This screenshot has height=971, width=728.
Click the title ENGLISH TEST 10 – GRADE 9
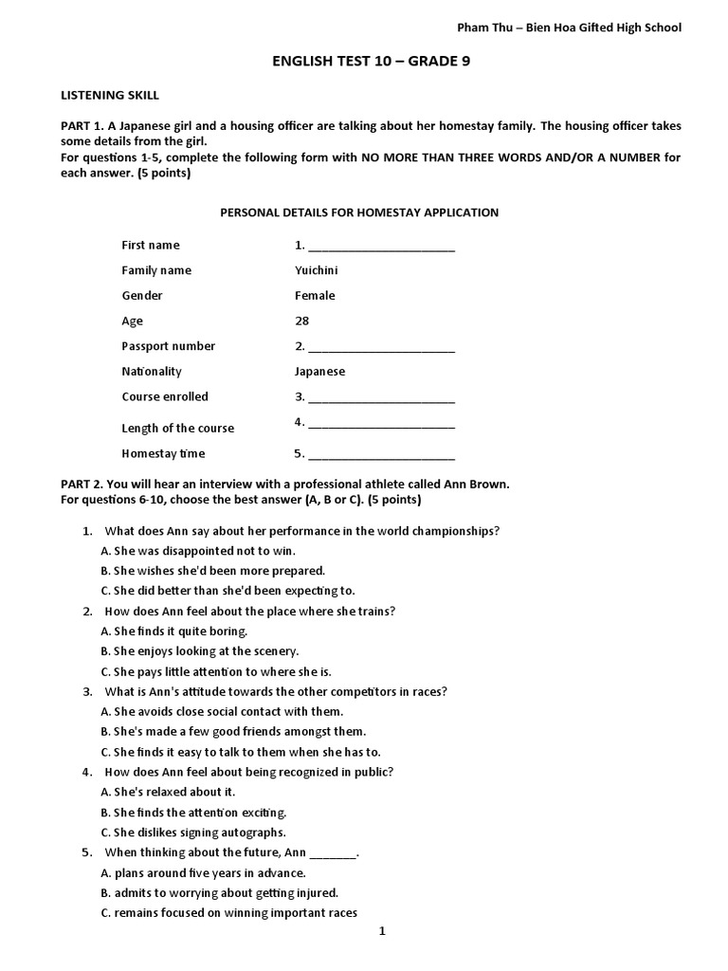coord(364,64)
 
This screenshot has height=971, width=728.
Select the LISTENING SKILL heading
coord(110,96)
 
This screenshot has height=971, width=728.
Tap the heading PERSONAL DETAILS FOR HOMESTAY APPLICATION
coord(359,212)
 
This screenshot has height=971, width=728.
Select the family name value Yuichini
coord(317,270)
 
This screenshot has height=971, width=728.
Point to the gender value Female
coord(315,296)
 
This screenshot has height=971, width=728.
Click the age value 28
coord(302,321)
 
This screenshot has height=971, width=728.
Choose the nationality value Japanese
coord(319,372)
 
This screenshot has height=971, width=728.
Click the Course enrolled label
coord(165,396)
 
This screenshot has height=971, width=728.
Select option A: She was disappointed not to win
coord(199,551)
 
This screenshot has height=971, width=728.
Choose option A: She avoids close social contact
coord(222,711)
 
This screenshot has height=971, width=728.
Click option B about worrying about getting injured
coord(219,892)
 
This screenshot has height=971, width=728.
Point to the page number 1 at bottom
coord(383,931)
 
